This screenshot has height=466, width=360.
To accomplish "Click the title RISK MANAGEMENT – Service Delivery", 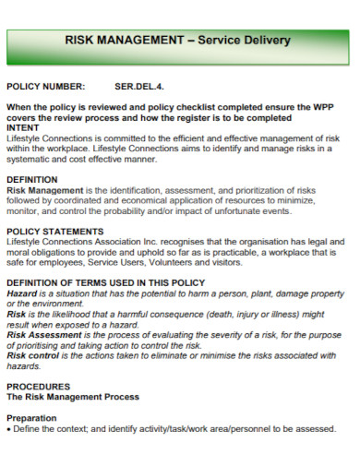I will coord(177,41).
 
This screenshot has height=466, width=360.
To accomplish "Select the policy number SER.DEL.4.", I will coord(138,88).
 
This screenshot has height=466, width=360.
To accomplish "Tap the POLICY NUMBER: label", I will coord(46,88).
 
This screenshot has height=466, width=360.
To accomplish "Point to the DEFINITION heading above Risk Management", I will coord(32,180).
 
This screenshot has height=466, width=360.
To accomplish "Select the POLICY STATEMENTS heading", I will coord(54,232).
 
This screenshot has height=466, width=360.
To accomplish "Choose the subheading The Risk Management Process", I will coord(73,397).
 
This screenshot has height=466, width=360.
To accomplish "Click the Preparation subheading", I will coord(32,418).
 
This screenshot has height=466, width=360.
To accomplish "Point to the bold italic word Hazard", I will coord(22,293).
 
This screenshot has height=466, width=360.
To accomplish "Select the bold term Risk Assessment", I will coord(46,335).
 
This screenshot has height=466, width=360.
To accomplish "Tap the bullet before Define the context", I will coord(9,428).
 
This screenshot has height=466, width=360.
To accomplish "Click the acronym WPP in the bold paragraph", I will coord(320,107).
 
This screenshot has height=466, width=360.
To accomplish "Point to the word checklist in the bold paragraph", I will coord(184,107).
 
